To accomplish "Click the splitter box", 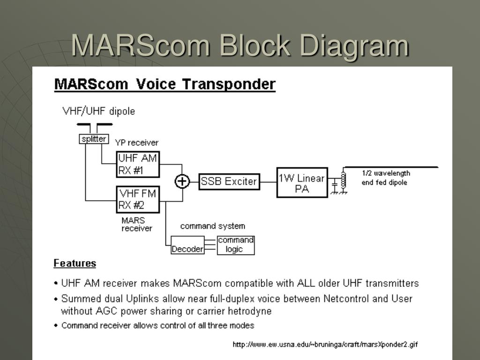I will pyautogui.click(x=94, y=139).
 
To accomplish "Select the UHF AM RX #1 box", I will pyautogui.click(x=138, y=165).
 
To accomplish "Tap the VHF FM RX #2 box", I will pyautogui.click(x=138, y=199).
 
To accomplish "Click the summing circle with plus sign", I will pyautogui.click(x=182, y=181).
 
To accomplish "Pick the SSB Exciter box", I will pyautogui.click(x=229, y=181).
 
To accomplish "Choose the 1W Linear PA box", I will pyautogui.click(x=302, y=183).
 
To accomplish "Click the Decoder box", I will pyautogui.click(x=187, y=249).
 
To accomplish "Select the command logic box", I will pyautogui.click(x=236, y=245).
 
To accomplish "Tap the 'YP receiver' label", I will pyautogui.click(x=137, y=142).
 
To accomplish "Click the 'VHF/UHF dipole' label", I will pyautogui.click(x=98, y=111).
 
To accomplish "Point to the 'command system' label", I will pyautogui.click(x=212, y=226).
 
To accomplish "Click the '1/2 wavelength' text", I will pyautogui.click(x=386, y=173).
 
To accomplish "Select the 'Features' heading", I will pyautogui.click(x=75, y=263).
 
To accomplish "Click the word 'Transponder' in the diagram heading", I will pyautogui.click(x=228, y=84).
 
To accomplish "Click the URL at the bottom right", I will pyautogui.click(x=325, y=345).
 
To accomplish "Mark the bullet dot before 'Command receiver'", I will pyautogui.click(x=56, y=325).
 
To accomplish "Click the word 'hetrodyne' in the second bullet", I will pyautogui.click(x=249, y=311).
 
